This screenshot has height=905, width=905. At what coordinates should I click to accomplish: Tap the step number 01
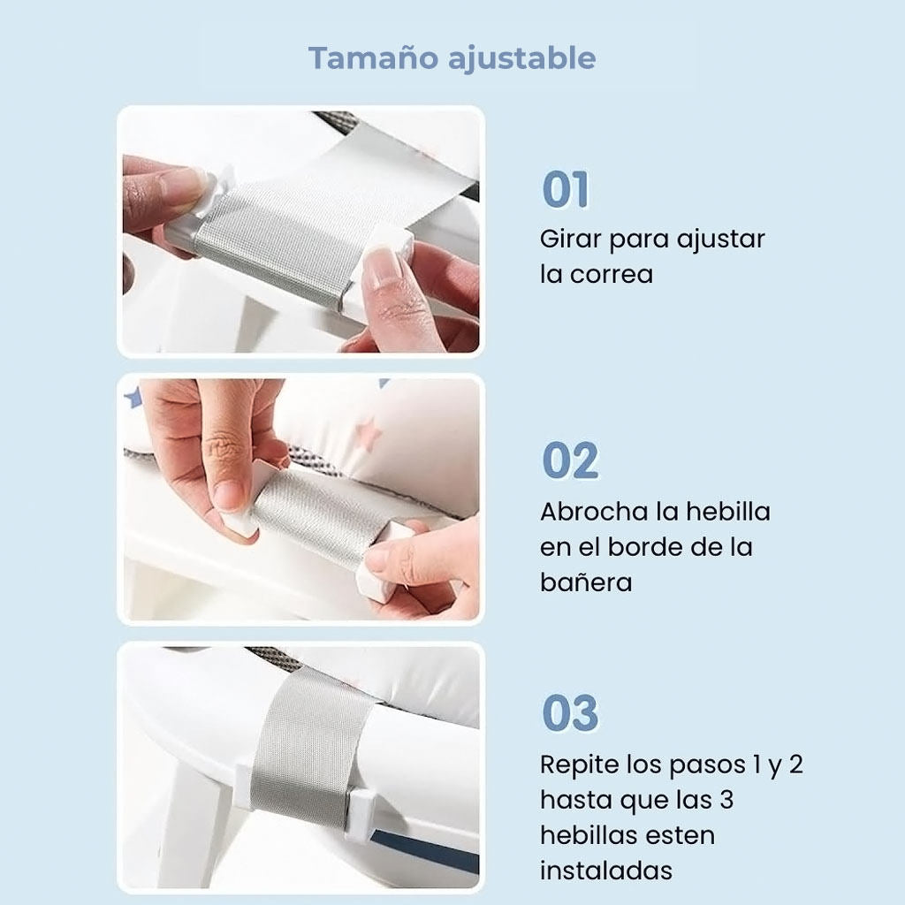(565, 190)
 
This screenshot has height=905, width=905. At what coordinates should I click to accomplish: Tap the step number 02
(569, 461)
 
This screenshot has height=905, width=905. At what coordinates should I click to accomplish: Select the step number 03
(569, 713)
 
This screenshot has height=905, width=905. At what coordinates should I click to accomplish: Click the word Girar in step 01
(570, 240)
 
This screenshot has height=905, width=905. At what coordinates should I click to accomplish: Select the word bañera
(586, 582)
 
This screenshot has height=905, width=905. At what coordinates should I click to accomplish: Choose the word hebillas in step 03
(593, 835)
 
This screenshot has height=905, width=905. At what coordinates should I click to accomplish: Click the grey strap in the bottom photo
(305, 742)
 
